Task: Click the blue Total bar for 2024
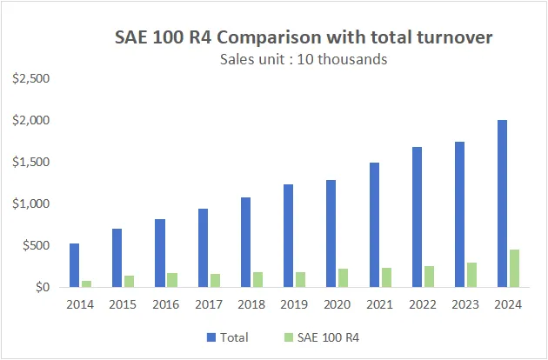tap(503, 203)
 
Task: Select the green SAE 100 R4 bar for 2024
tap(515, 268)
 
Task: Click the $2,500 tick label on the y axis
tap(31, 79)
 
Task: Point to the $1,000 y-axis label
tap(31, 204)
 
